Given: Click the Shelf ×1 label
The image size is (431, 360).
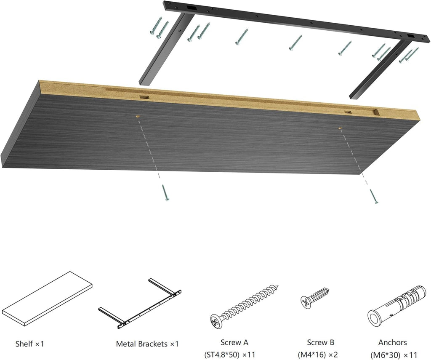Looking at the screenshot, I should click(x=29, y=344).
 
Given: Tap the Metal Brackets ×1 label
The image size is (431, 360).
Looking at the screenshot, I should click(x=147, y=344).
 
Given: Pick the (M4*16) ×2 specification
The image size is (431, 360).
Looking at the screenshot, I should click(x=318, y=355).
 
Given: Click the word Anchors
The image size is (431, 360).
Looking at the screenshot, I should click(x=392, y=343).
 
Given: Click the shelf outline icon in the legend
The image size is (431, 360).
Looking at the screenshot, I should click(x=47, y=299).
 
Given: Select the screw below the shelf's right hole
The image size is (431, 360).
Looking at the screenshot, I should click(x=374, y=197).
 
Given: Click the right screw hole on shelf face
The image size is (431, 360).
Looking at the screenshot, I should click(x=340, y=128).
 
